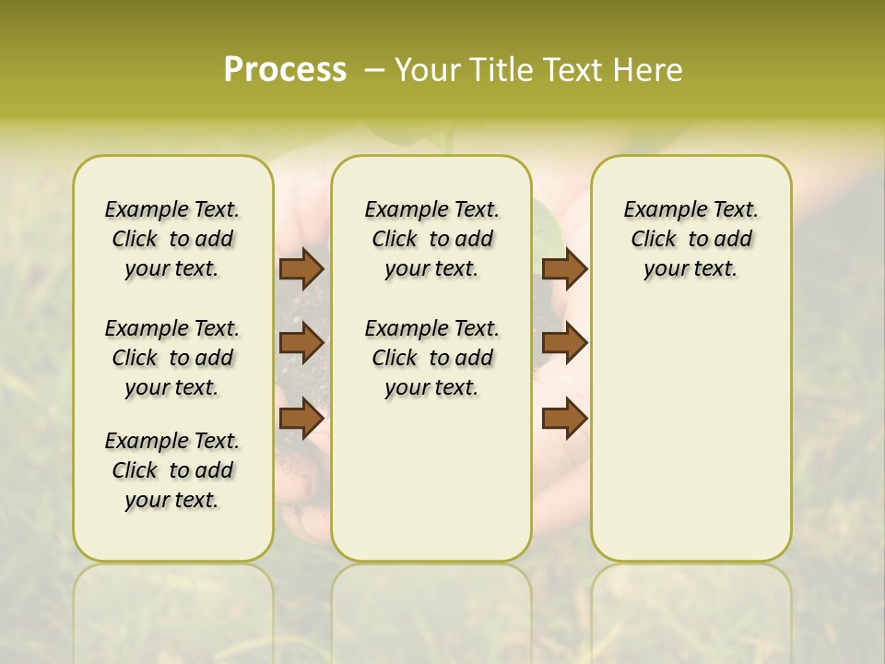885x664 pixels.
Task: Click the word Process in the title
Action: click(285, 69)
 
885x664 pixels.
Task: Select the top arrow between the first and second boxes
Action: click(301, 268)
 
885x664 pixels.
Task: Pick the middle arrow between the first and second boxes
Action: click(301, 343)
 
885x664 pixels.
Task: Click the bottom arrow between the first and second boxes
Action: click(301, 419)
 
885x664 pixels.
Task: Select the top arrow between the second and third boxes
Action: click(564, 268)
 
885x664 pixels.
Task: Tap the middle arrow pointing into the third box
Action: click(564, 343)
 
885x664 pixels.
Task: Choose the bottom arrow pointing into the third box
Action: click(564, 419)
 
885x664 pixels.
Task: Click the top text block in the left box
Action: click(172, 239)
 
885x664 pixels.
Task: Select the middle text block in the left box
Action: click(172, 358)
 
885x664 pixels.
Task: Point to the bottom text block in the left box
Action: click(172, 470)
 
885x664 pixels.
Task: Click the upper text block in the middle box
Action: click(431, 239)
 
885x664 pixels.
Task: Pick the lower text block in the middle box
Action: click(431, 358)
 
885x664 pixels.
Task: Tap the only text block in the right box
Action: click(691, 239)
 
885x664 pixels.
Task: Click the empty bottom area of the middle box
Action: click(431, 489)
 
